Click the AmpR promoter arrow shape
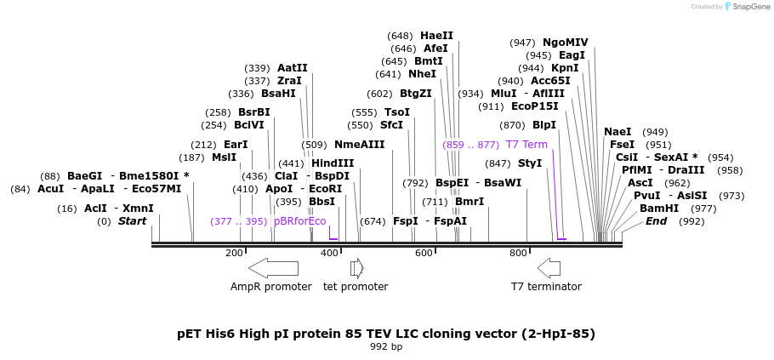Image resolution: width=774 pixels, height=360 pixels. (273, 268)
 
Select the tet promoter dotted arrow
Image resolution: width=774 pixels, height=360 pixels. (356, 268)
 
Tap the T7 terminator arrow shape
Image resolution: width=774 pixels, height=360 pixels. (549, 268)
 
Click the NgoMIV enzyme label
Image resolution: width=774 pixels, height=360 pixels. (565, 43)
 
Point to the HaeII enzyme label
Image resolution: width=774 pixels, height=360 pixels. (436, 36)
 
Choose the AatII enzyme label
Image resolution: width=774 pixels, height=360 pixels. (293, 68)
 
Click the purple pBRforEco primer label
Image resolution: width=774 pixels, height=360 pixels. (300, 221)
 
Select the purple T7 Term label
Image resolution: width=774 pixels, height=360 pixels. (526, 145)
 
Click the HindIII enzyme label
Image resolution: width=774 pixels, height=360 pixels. (333, 163)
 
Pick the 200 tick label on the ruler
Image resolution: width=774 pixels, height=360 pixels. (234, 253)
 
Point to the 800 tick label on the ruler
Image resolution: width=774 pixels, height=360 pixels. (518, 253)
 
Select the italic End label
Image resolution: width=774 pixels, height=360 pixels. (656, 221)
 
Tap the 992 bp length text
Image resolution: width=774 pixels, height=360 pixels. (386, 346)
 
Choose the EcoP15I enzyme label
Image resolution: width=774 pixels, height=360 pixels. (535, 106)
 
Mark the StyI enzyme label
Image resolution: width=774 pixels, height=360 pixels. (530, 163)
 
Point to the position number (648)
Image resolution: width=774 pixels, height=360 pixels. (400, 36)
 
